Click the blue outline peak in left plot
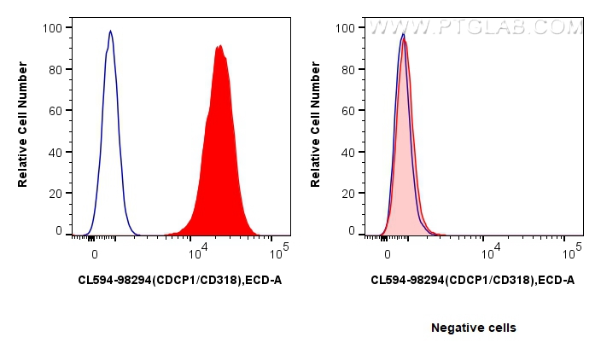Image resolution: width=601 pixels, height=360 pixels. pyautogui.click(x=110, y=34)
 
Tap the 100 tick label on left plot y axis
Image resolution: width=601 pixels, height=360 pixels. pyautogui.click(x=53, y=28)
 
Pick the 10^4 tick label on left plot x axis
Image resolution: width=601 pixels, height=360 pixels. pyautogui.click(x=197, y=253)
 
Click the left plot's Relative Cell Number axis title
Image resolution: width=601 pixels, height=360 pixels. pyautogui.click(x=24, y=129)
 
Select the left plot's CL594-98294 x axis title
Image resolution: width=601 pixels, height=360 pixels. pyautogui.click(x=179, y=279)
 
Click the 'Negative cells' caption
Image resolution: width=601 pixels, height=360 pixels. pyautogui.click(x=473, y=328)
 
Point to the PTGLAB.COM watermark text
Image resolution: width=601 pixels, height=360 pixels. pyautogui.click(x=475, y=27)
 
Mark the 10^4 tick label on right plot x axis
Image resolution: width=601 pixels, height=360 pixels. pyautogui.click(x=489, y=253)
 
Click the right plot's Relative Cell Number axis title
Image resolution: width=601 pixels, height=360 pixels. pyautogui.click(x=316, y=129)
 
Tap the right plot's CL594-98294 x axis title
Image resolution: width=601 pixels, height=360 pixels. pyautogui.click(x=472, y=279)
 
